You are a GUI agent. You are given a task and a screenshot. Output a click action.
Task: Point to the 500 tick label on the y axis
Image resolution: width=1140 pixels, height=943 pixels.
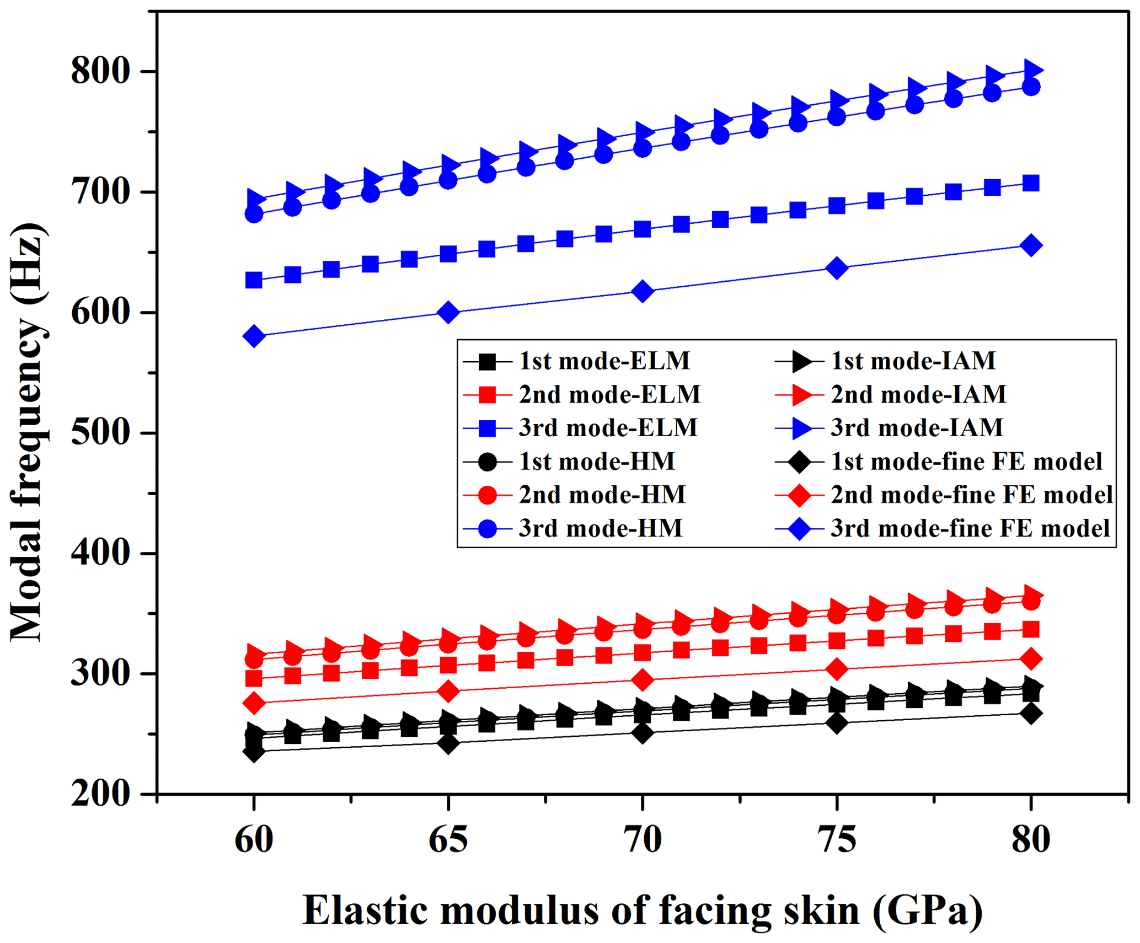pos(100,433)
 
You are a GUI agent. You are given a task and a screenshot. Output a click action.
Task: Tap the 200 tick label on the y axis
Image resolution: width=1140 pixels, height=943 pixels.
pos(100,795)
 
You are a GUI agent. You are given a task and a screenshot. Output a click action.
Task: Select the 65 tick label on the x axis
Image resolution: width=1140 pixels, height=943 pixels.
pos(448,840)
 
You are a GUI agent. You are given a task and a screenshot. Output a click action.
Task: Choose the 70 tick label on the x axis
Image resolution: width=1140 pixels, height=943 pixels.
pos(642,840)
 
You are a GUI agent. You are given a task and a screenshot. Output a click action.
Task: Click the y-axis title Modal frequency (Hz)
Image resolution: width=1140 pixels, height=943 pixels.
pos(28,433)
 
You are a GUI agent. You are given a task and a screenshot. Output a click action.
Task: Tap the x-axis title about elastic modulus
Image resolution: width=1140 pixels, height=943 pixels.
pos(642,910)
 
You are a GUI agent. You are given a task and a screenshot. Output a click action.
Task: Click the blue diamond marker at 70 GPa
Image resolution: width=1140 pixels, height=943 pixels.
pos(643,291)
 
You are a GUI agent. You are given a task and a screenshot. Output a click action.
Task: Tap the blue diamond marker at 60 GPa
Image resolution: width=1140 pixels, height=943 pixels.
pos(254,336)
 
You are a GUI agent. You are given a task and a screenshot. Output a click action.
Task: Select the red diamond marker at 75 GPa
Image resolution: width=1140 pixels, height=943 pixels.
pos(837,669)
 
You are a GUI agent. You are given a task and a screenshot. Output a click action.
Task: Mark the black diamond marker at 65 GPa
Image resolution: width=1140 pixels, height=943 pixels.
pos(448,743)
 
